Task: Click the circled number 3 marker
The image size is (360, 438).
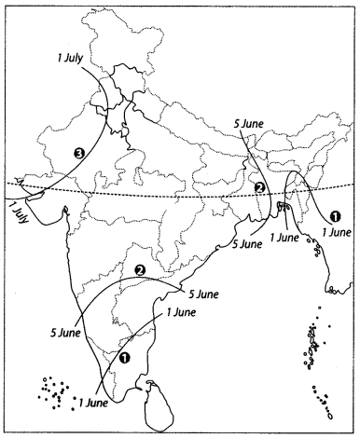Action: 81,153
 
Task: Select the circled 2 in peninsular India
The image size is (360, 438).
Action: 139,270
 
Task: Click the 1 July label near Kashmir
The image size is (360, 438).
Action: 71,59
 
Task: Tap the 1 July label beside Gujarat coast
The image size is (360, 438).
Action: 14,213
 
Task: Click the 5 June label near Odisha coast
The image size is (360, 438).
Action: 246,244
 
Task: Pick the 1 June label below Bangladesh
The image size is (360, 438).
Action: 284,238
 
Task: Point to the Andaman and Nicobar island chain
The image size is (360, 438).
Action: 312,359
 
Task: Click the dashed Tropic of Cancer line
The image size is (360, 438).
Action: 187,197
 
